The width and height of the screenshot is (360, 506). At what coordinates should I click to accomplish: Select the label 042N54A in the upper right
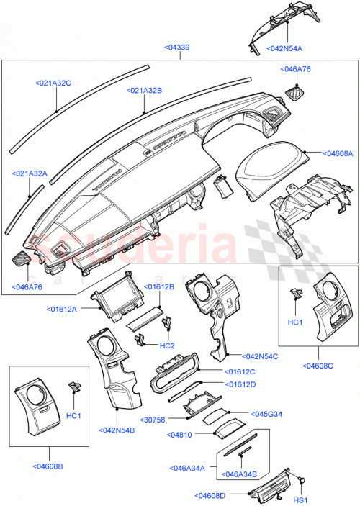click(x=286, y=49)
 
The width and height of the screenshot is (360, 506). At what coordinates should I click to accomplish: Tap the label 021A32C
click(x=53, y=83)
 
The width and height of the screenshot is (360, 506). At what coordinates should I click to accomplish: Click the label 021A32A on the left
click(x=30, y=173)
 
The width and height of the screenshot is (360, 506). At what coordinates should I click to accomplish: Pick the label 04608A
click(x=337, y=153)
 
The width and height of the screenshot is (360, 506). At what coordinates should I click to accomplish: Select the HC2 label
click(x=167, y=345)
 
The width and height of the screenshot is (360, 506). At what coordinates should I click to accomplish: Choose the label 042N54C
click(x=261, y=356)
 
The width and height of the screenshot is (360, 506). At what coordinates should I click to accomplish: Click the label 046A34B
click(x=242, y=475)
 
